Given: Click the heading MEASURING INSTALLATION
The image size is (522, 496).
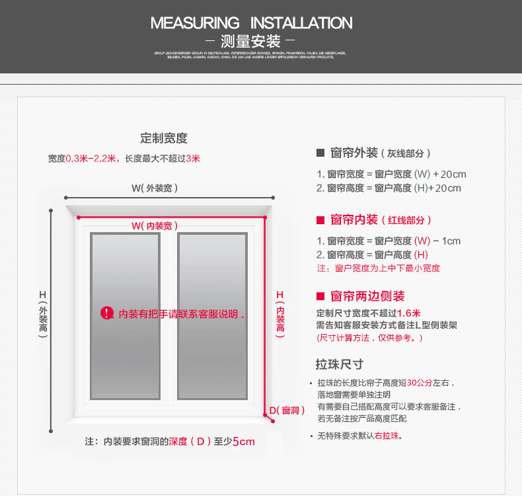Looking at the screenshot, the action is [251, 23].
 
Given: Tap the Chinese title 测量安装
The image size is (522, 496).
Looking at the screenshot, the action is [251, 42].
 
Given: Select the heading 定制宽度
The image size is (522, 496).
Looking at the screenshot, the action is [164, 138].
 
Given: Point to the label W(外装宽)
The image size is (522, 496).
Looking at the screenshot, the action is [155, 188].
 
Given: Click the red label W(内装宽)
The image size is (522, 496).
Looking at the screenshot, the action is [155, 226].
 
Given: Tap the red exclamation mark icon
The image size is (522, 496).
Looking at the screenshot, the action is [107, 313].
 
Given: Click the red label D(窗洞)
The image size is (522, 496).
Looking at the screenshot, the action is [287, 411].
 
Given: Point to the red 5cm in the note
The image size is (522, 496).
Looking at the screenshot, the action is [243, 441].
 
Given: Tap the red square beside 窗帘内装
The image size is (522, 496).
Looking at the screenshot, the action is [320, 220].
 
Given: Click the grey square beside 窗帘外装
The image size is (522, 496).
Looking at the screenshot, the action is [320, 153].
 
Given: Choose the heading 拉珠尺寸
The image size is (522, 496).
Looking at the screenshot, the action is [340, 364].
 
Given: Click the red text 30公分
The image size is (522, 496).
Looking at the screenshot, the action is [420, 383].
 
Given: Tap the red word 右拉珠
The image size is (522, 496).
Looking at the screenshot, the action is [387, 436].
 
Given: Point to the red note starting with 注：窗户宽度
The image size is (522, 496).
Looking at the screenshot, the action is [379, 269].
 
